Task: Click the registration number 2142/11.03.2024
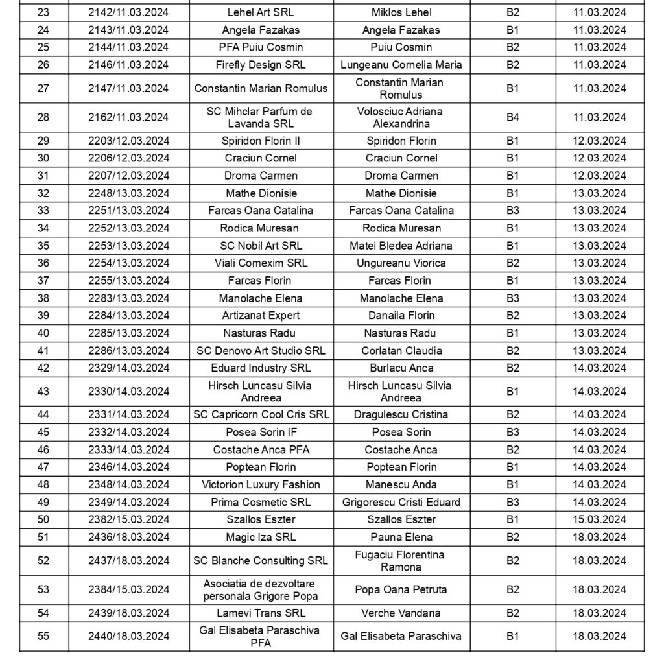click(x=128, y=12)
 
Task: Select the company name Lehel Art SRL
click(x=261, y=12)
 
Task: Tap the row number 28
click(x=43, y=117)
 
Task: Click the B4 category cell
click(x=513, y=117)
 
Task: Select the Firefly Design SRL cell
click(x=261, y=65)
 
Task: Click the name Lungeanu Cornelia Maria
click(x=401, y=65)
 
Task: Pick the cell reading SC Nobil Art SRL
click(x=261, y=246)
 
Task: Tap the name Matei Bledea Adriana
click(x=401, y=246)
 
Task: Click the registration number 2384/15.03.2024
click(x=128, y=589)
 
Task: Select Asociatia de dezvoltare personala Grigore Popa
click(x=261, y=589)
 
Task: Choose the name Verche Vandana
click(x=401, y=613)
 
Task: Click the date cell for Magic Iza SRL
click(x=600, y=537)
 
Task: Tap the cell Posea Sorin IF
click(x=261, y=433)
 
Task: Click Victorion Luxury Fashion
click(x=261, y=484)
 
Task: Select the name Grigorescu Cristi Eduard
click(x=401, y=502)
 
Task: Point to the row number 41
click(x=43, y=351)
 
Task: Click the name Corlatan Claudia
click(x=401, y=351)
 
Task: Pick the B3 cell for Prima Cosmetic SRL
click(x=513, y=502)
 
